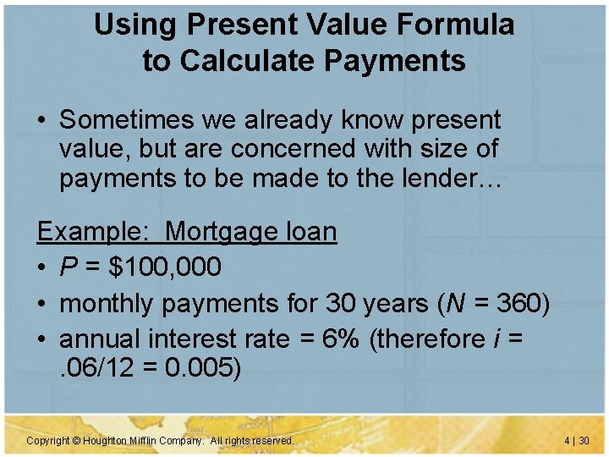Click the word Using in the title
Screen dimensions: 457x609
pyautogui.click(x=128, y=25)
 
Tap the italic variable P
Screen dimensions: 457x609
pyautogui.click(x=67, y=267)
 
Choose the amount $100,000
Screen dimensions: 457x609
pyautogui.click(x=162, y=267)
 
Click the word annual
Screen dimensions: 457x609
pyautogui.click(x=101, y=339)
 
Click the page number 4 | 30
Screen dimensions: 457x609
pyautogui.click(x=577, y=441)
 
